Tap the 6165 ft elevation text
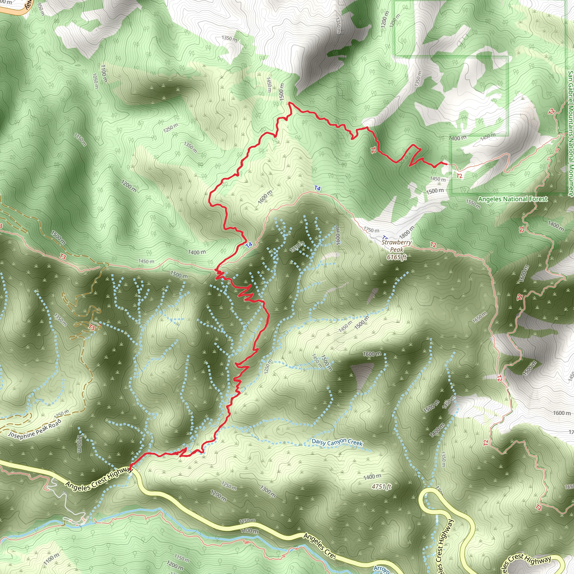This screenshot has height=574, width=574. (397, 249)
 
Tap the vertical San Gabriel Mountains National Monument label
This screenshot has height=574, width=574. (570, 134)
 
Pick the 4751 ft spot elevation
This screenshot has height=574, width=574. (381, 487)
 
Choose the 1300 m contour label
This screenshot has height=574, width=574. (268, 491)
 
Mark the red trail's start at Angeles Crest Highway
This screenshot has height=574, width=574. (130, 469)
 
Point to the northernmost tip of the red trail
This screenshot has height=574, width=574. (290, 103)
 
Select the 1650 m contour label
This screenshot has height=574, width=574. (480, 317)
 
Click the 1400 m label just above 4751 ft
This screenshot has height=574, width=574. (372, 476)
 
